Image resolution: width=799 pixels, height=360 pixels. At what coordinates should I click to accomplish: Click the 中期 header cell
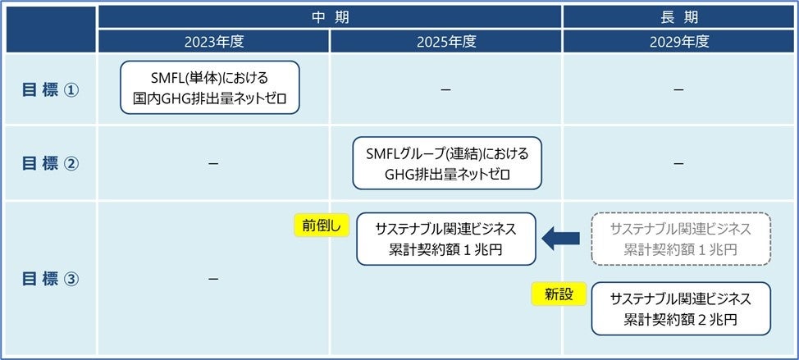(x=330, y=16)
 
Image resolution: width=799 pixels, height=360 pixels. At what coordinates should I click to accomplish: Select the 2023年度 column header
(x=213, y=41)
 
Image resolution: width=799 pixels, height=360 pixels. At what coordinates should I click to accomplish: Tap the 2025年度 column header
(x=445, y=41)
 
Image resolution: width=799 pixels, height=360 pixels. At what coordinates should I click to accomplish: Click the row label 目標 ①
(x=49, y=90)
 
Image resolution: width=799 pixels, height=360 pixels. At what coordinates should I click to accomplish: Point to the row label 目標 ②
(x=49, y=163)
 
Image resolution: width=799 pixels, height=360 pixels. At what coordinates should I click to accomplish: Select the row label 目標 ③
(x=49, y=279)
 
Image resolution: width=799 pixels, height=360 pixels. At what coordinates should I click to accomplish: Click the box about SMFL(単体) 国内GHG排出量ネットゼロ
(x=210, y=89)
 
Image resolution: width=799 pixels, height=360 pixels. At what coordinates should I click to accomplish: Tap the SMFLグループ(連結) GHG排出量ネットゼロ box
(x=448, y=162)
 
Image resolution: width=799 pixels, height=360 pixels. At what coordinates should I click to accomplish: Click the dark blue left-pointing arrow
(x=560, y=239)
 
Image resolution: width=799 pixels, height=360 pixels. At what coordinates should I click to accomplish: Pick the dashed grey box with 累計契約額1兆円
(x=680, y=239)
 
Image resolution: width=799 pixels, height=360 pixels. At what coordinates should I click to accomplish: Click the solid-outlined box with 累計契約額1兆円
(x=446, y=239)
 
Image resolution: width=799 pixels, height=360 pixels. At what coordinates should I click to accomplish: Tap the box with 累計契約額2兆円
(x=680, y=308)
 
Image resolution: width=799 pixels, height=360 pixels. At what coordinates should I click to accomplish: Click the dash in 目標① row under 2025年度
(x=445, y=89)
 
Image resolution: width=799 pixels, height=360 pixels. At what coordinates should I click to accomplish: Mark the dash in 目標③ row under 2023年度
(x=213, y=280)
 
